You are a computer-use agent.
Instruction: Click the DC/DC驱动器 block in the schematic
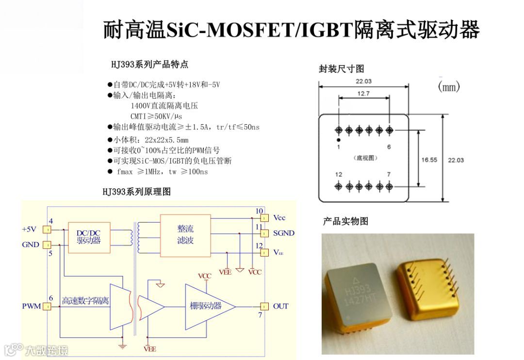click(89, 237)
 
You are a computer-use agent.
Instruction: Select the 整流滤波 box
click(185, 235)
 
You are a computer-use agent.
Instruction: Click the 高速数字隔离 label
click(85, 301)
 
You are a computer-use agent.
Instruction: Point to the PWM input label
click(31, 306)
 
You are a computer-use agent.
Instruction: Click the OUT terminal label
click(280, 306)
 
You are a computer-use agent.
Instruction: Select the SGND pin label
click(284, 233)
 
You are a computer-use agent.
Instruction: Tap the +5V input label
click(29, 229)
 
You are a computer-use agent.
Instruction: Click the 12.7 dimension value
click(363, 94)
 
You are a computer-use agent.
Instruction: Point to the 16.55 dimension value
click(429, 159)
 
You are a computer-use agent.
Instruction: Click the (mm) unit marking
click(449, 87)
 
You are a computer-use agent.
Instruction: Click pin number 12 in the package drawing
click(339, 174)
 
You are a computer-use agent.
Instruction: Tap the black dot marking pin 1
click(339, 140)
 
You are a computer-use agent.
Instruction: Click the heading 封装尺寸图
click(341, 69)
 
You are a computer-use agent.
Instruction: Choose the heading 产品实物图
click(345, 221)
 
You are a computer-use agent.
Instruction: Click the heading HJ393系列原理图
click(136, 192)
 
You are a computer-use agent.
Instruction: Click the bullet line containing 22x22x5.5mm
click(147, 140)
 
